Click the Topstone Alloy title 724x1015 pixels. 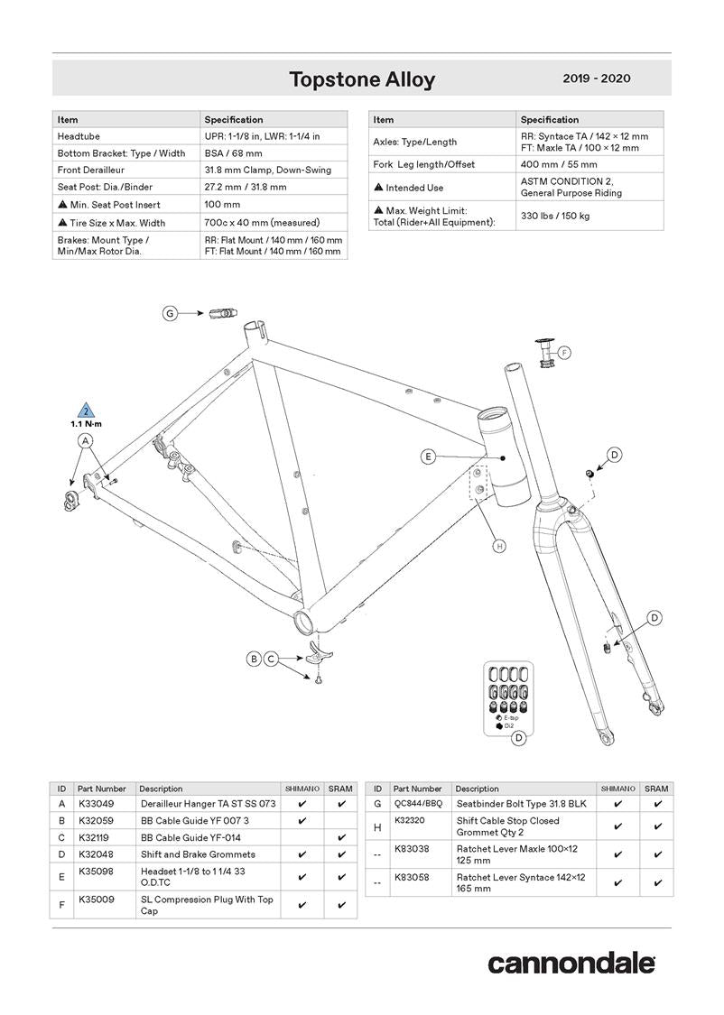[361, 79]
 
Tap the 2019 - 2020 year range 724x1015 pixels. [596, 78]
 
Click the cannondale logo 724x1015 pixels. [571, 963]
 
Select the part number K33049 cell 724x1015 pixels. [96, 803]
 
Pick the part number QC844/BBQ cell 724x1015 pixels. [419, 803]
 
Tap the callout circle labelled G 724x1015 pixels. [170, 313]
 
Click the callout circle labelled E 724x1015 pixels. [429, 457]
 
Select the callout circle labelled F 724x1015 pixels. [564, 352]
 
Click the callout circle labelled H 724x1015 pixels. [499, 546]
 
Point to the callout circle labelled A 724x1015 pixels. [86, 440]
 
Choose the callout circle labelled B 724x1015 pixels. [255, 659]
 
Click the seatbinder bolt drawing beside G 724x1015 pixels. [222, 313]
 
